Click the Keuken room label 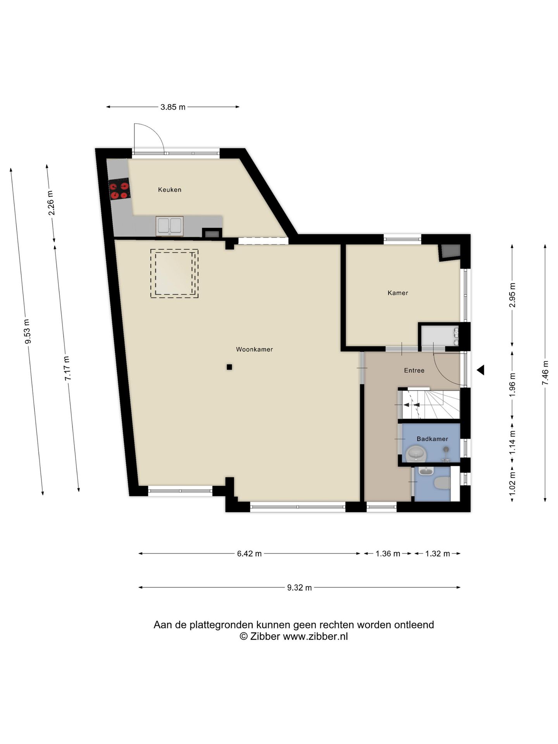(169, 189)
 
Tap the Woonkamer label (254, 349)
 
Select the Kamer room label (398, 293)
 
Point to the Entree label (414, 370)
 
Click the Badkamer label (432, 439)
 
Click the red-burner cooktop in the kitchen (119, 190)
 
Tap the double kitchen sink (169, 226)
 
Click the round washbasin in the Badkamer (416, 454)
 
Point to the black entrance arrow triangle (480, 370)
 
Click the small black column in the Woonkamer (229, 367)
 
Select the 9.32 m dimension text (299, 587)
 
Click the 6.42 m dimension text (249, 553)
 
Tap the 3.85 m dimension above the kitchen (173, 107)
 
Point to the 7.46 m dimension (545, 372)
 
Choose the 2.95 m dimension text (512, 295)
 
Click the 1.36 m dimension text (387, 553)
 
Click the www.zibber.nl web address (315, 636)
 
